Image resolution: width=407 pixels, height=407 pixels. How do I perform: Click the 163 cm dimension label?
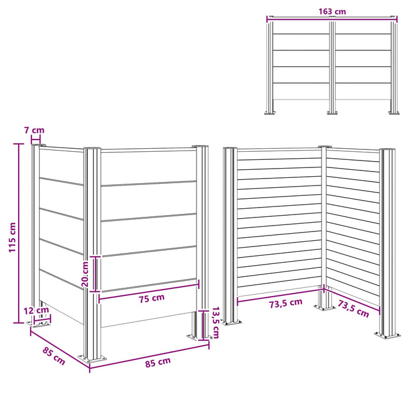tap(332, 12)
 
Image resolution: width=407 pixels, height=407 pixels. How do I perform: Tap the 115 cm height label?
tap(12, 237)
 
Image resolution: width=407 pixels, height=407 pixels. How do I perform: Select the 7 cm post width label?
tap(34, 130)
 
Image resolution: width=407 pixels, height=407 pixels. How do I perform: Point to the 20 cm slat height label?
tap(85, 274)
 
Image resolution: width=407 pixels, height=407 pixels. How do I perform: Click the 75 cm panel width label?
tap(152, 298)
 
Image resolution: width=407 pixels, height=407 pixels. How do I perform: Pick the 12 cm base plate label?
tap(36, 310)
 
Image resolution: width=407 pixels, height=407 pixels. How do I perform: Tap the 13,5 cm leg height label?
tap(216, 323)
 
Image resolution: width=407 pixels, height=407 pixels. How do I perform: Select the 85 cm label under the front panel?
tap(158, 362)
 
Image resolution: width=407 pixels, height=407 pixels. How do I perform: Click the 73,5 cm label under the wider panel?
tap(285, 303)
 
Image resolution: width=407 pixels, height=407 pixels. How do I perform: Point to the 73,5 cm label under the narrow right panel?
tap(354, 308)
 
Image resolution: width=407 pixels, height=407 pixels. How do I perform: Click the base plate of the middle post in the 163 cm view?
tap(332, 113)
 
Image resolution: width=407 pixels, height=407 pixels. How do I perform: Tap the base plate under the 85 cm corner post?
tap(92, 359)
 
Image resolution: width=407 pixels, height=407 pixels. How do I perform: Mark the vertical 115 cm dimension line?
tap(19, 233)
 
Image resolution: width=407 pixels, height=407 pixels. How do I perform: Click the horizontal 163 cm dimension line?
tap(332, 17)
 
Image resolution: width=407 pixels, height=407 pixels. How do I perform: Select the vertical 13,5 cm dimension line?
tap(203, 325)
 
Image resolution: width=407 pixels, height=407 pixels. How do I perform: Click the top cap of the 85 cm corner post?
tap(92, 148)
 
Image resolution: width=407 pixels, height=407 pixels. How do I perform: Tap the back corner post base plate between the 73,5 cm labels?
tap(324, 308)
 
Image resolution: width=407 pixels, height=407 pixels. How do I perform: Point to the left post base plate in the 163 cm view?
tap(270, 113)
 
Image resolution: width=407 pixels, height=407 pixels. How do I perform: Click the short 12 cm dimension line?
tap(42, 319)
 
